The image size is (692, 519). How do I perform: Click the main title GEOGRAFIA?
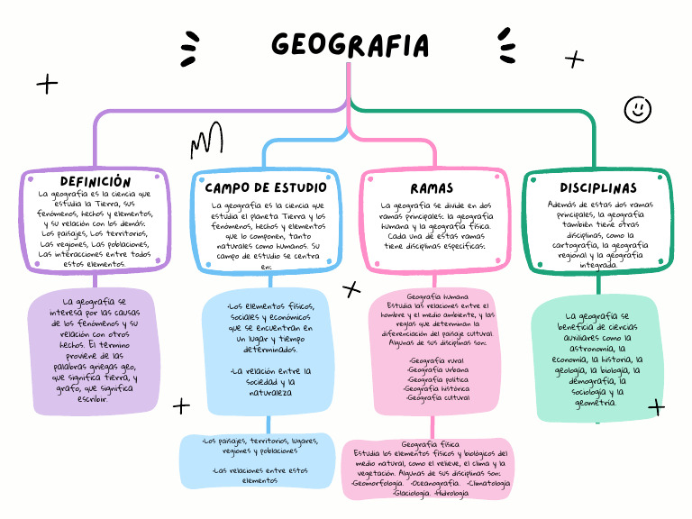350,45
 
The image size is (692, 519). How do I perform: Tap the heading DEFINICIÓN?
96,182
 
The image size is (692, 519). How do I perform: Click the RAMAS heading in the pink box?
432,188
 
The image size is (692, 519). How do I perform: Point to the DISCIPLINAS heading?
597,188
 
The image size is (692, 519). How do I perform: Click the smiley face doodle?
638,109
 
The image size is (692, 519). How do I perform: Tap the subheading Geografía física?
430,444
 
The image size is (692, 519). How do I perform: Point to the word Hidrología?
451,494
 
